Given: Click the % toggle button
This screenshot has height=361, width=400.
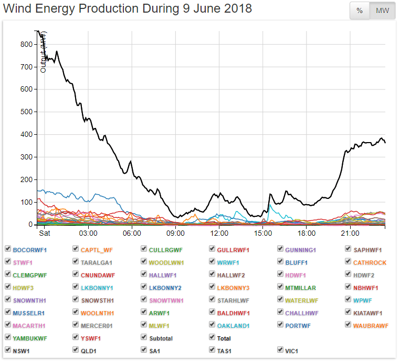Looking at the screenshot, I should click(x=360, y=11).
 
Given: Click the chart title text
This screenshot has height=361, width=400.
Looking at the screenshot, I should click(x=128, y=9).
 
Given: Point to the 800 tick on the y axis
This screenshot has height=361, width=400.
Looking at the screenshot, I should click(x=26, y=44).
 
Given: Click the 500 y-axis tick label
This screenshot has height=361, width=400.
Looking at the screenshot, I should click(x=26, y=112).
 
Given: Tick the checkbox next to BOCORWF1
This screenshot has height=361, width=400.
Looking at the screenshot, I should click(x=8, y=249).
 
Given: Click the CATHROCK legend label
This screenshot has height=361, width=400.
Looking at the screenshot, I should click(x=370, y=262).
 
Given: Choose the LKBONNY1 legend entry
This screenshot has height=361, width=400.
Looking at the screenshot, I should click(x=98, y=288).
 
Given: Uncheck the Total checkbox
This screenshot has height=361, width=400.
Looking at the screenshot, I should click(x=212, y=338).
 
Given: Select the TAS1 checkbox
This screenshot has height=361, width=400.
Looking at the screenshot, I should click(x=212, y=349).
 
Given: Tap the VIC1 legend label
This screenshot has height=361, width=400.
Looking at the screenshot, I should click(x=291, y=350).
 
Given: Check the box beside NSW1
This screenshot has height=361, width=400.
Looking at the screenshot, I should click(x=8, y=349).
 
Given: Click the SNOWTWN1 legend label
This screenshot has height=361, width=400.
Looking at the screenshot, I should click(x=166, y=300).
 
